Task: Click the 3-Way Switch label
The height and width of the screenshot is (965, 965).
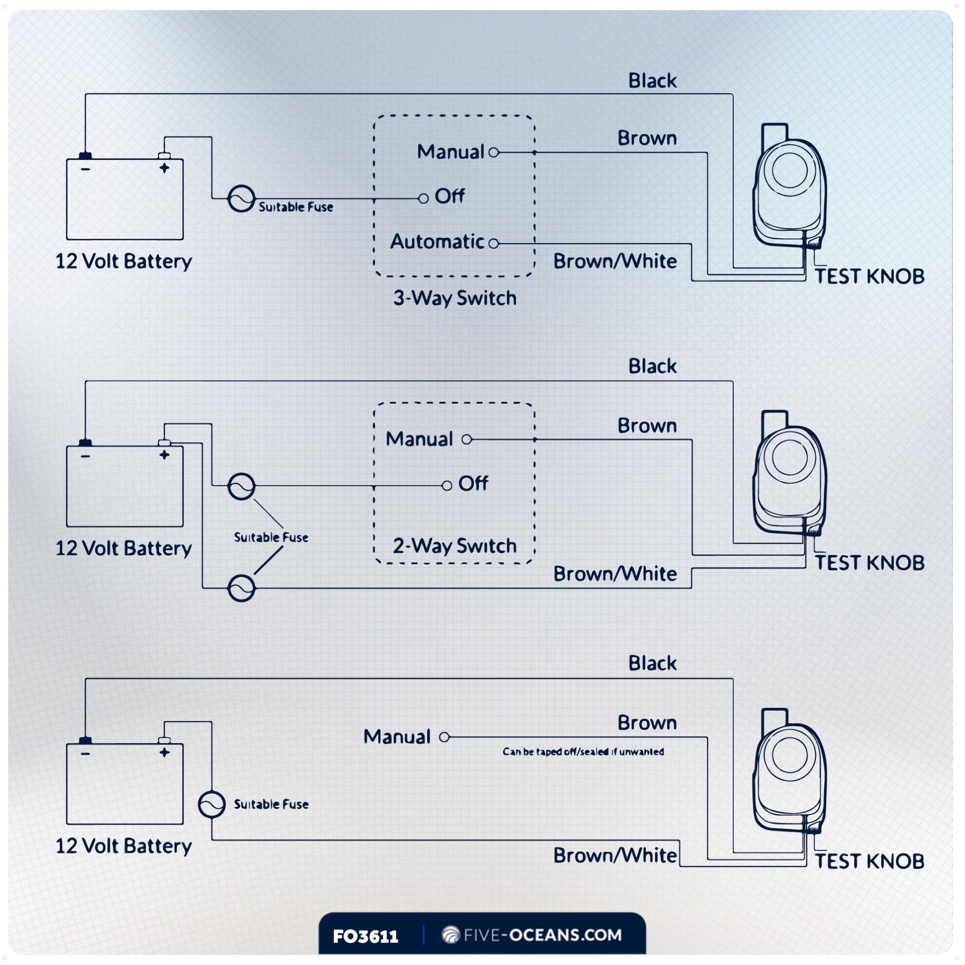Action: (455, 298)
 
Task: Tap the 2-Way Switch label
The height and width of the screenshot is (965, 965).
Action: (455, 546)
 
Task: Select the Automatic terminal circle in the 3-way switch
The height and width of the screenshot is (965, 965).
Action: (494, 243)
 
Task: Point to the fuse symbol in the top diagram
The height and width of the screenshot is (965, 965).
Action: (241, 199)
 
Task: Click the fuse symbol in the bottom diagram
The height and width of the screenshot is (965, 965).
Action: (212, 804)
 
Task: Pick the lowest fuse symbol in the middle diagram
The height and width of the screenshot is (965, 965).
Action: (241, 588)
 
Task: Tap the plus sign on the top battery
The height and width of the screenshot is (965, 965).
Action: (165, 168)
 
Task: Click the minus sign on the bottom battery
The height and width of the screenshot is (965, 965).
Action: (85, 753)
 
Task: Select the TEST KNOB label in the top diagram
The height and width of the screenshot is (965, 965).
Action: (869, 276)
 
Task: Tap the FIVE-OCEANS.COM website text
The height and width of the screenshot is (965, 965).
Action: (542, 935)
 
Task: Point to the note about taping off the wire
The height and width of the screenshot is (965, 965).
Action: (583, 752)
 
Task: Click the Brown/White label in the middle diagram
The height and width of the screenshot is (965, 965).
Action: (615, 574)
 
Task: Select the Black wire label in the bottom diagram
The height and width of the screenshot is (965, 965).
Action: (652, 663)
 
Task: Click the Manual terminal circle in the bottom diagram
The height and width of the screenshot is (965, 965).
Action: (444, 737)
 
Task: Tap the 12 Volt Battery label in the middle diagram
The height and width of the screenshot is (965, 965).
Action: (124, 549)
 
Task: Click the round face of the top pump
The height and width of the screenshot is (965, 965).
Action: (790, 170)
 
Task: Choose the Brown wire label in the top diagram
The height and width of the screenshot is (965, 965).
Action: (647, 138)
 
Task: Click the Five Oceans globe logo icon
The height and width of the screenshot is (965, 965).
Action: (451, 935)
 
